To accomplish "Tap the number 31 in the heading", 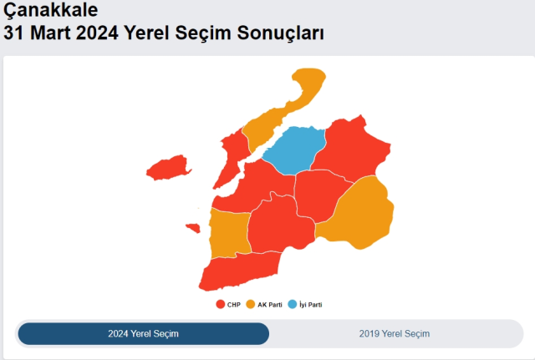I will (14, 33).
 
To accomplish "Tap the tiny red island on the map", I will (192, 227).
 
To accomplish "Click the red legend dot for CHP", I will (220, 305).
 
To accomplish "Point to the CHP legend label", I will (233, 305).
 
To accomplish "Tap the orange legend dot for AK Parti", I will (251, 305).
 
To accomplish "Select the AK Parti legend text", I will (269, 305).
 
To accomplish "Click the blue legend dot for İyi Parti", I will (292, 305).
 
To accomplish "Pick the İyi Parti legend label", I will (310, 305).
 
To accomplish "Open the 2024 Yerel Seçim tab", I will (143, 334).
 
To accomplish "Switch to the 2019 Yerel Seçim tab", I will (395, 334).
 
